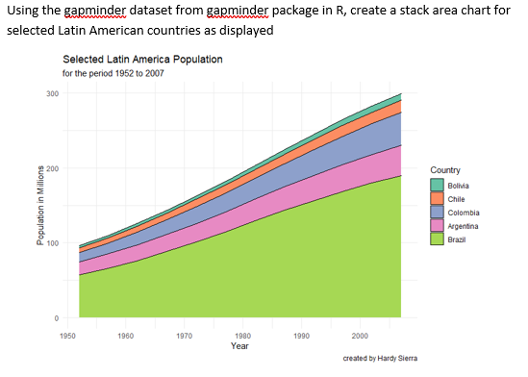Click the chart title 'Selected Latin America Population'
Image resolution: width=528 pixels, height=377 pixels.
(x=142, y=60)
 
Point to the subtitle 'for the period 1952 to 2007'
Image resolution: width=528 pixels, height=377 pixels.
(x=113, y=73)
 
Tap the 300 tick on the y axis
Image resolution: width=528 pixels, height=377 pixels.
(x=52, y=93)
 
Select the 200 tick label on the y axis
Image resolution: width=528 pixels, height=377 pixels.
(x=52, y=168)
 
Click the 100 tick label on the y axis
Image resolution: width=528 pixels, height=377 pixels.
(x=52, y=242)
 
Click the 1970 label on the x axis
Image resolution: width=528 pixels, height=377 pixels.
(x=184, y=336)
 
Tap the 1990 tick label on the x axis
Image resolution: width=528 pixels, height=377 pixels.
(x=300, y=336)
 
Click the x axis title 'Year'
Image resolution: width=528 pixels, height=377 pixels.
(x=239, y=344)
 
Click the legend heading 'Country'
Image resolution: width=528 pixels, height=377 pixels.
(x=445, y=169)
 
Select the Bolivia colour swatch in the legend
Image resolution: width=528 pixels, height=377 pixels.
(x=437, y=184)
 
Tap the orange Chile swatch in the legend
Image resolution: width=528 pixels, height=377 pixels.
(x=437, y=197)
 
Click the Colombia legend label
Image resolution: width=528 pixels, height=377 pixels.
(x=465, y=212)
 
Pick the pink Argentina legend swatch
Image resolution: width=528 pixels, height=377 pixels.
(x=437, y=225)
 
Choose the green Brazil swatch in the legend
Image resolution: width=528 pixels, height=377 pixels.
(x=437, y=239)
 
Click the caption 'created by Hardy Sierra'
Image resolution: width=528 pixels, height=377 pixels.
(x=382, y=358)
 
